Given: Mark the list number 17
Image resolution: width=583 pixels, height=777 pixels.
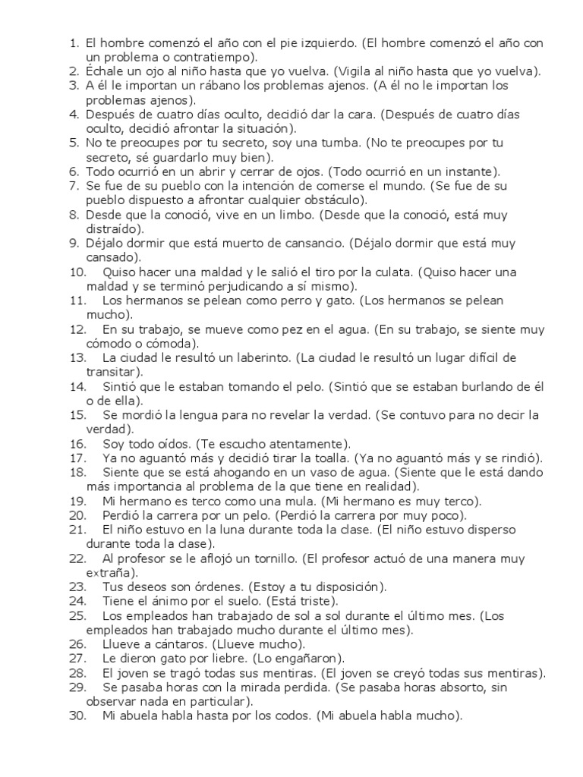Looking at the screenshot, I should [77, 458].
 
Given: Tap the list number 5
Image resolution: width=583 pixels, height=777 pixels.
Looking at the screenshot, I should [74, 143].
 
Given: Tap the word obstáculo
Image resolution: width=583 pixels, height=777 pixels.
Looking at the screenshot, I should [334, 200].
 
